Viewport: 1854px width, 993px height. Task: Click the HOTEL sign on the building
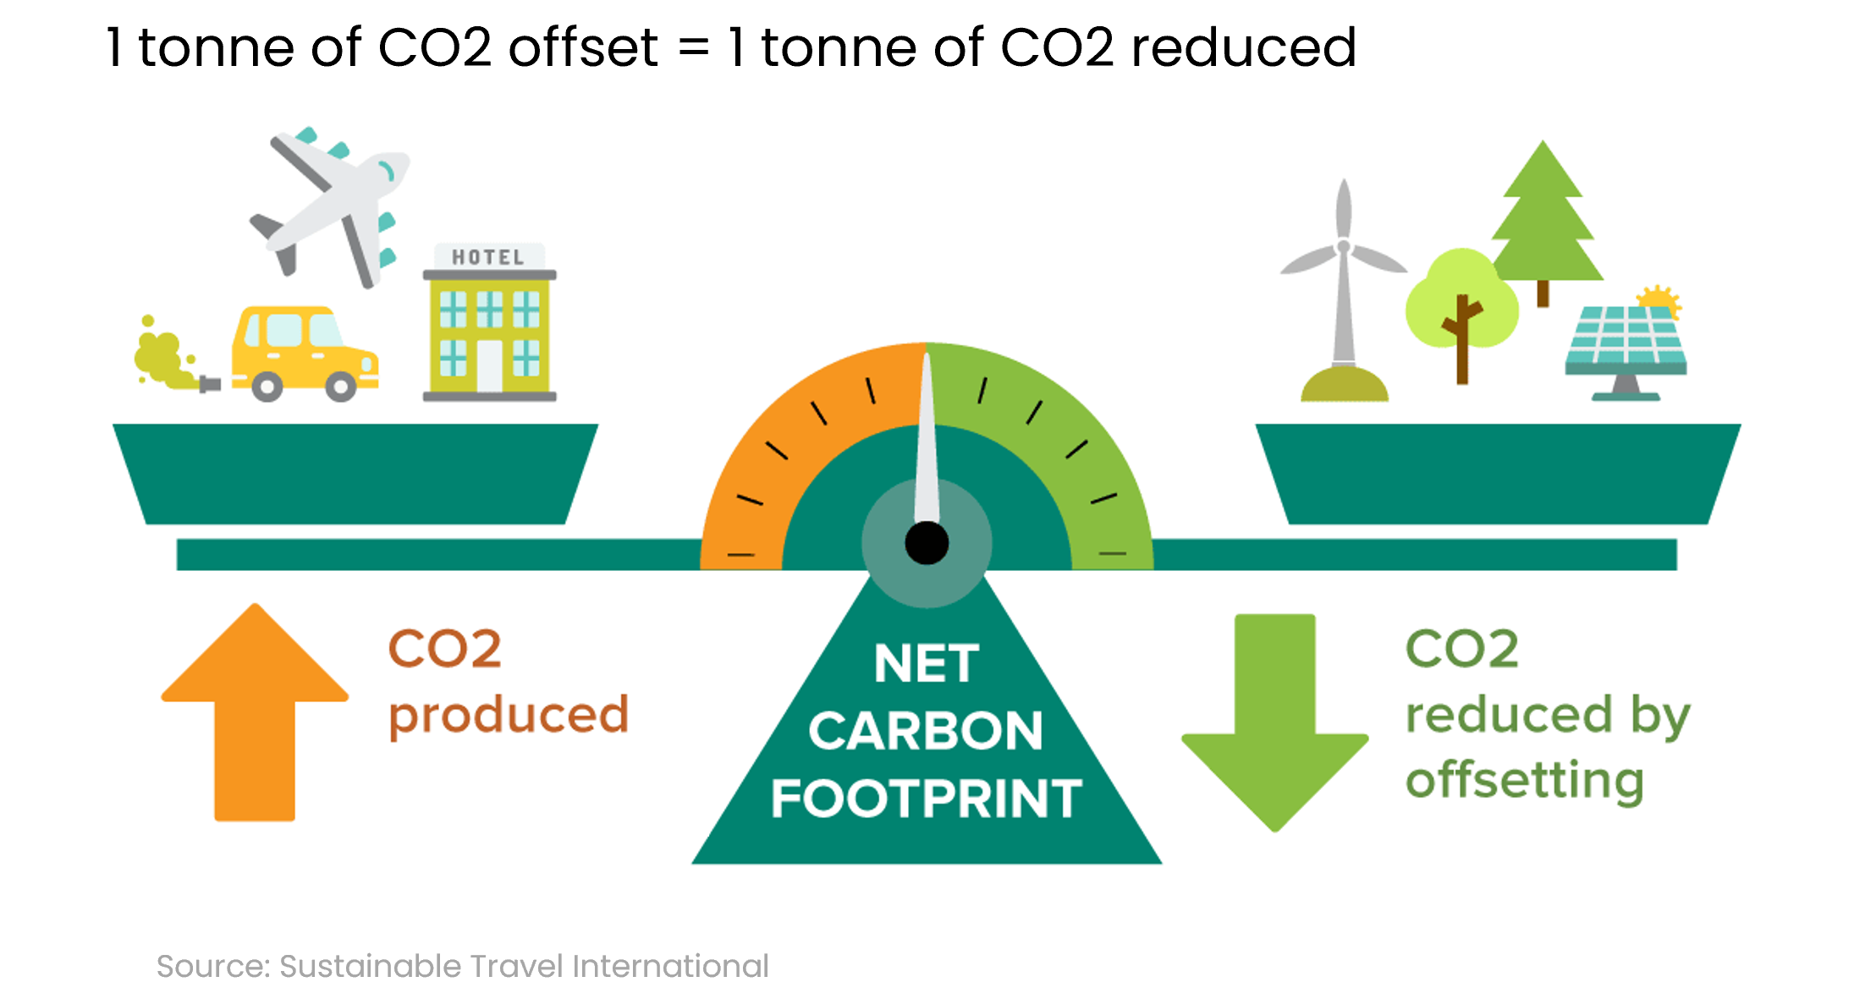(x=488, y=257)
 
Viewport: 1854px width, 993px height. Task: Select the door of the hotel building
(x=489, y=365)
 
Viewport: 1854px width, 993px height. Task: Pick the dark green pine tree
(x=1543, y=220)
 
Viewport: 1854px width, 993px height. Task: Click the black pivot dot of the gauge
(x=927, y=543)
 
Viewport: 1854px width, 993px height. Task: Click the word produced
(x=509, y=716)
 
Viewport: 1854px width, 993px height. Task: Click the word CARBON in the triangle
(x=926, y=731)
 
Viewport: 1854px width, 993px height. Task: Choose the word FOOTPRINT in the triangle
(x=927, y=798)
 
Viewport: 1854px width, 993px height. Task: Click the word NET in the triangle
(x=927, y=664)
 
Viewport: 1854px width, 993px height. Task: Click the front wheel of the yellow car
(x=341, y=387)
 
